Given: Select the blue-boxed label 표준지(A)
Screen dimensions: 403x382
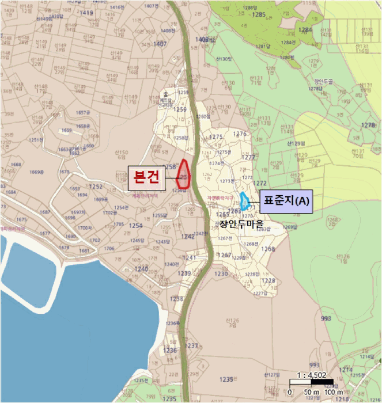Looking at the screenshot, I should (286, 201).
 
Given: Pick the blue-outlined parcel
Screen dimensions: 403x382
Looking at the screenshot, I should (245, 201).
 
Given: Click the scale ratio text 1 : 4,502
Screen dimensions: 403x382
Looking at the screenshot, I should (311, 375).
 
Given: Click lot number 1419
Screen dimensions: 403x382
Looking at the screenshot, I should (87, 13).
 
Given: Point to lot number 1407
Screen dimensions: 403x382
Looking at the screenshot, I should (160, 44).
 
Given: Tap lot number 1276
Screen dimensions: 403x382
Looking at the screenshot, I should (239, 134).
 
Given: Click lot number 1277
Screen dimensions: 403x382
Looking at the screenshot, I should (248, 157).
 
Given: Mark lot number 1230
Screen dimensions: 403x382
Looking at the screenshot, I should (221, 274).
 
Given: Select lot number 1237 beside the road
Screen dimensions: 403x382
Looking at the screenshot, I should (192, 345).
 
